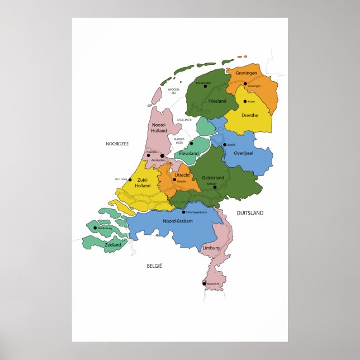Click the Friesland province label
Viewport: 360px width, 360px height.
pos(217,101)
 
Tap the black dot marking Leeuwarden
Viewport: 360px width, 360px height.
pos(197,86)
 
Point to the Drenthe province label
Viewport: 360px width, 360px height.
pos(249,115)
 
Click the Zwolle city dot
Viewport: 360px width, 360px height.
pos(224,144)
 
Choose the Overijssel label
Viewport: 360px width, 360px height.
pos(244,153)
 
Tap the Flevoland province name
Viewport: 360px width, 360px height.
pos(189,153)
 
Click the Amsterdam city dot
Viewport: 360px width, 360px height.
pos(162,156)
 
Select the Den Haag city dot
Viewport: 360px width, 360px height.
pos(130,179)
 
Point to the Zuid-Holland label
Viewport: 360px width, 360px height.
pos(143,182)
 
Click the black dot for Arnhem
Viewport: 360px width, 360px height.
pos(215,187)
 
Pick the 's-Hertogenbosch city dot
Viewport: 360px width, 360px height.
pos(184,212)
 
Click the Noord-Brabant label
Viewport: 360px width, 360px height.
pos(178,221)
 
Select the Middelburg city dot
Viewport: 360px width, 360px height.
pos(96,228)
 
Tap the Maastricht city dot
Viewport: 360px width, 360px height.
pos(204,283)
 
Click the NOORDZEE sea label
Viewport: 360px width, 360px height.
pos(117,144)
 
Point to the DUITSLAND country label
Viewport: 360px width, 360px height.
pos(249,213)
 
